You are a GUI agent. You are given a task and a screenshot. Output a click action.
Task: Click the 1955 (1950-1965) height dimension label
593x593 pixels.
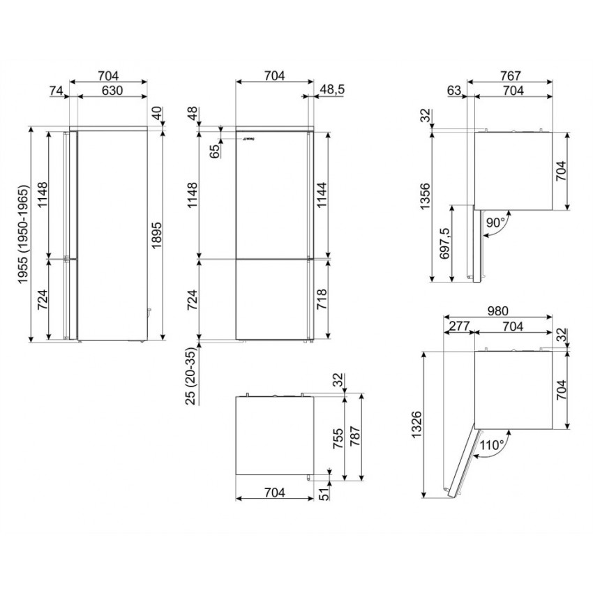[x=23, y=234]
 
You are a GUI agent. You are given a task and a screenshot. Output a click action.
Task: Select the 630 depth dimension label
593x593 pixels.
[x=112, y=91]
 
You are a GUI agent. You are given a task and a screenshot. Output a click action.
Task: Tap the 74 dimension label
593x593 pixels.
[x=56, y=91]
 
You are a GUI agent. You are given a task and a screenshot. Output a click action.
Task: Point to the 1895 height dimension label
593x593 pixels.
[x=156, y=235]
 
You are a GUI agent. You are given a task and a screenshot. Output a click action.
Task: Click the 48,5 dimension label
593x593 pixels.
[x=332, y=89]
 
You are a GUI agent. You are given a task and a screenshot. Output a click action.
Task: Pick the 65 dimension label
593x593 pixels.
[x=214, y=151]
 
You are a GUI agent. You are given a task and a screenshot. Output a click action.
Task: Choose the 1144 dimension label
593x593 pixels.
[x=322, y=195]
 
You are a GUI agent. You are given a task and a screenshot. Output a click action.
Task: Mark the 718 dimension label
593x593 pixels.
[x=322, y=299]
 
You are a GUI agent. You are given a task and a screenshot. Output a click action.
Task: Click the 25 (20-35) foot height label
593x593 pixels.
[x=191, y=376]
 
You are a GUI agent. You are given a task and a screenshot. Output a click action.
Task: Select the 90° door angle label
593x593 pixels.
[x=496, y=223]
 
